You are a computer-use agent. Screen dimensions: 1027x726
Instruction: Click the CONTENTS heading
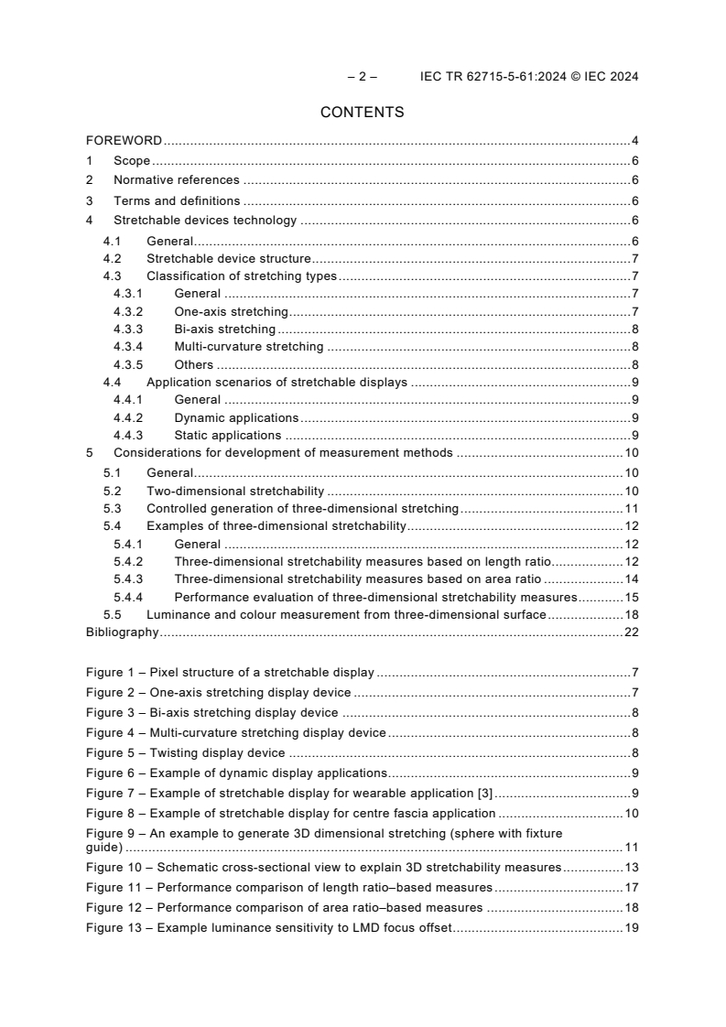point(363,113)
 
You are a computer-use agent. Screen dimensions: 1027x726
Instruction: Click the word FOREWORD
point(124,141)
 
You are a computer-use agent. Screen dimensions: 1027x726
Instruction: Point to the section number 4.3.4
point(128,346)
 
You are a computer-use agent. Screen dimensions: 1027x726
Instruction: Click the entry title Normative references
point(176,180)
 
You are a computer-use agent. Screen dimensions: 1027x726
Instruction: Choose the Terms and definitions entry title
point(177,200)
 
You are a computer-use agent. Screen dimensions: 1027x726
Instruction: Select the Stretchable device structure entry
point(229,259)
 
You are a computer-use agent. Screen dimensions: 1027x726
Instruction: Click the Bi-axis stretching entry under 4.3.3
point(224,329)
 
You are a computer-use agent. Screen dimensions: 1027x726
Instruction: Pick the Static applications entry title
point(227,435)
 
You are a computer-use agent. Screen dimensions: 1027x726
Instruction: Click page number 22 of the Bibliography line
point(631,632)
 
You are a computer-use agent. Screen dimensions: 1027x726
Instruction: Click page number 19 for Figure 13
point(631,928)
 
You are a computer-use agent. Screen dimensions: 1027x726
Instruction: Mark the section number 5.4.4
point(128,597)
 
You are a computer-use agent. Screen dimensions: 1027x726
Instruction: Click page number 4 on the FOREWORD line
point(634,141)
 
